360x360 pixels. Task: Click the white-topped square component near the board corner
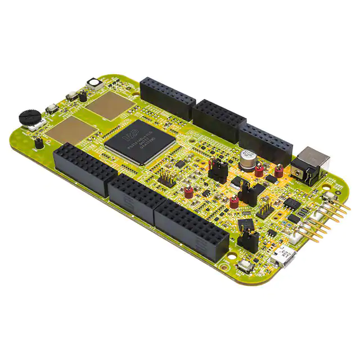(93, 84)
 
